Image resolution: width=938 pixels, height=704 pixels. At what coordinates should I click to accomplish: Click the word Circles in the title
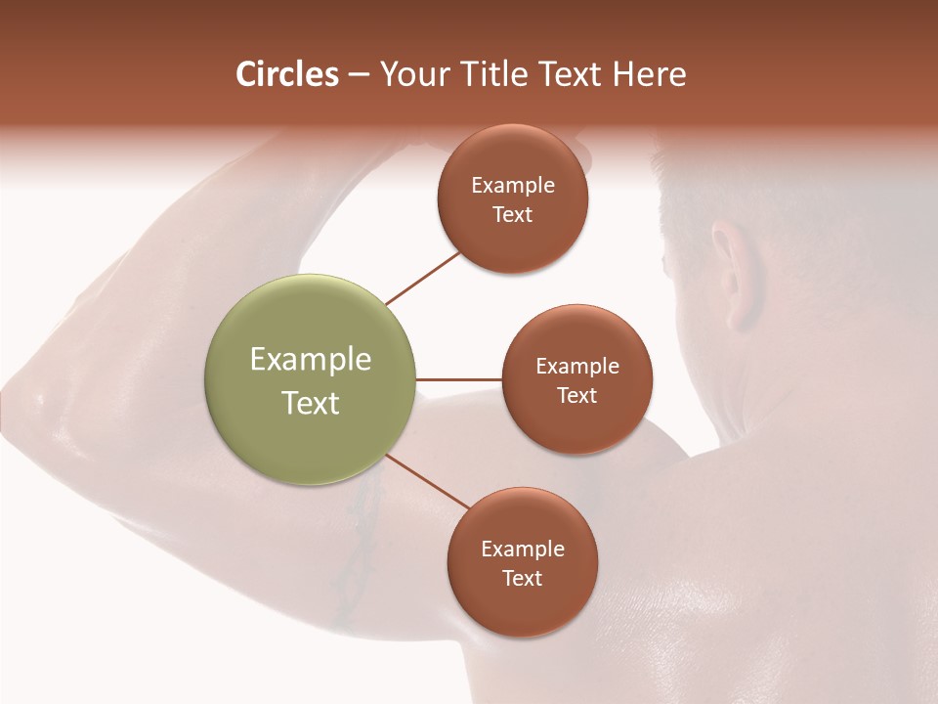coord(286,74)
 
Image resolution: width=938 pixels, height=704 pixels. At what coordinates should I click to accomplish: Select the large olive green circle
coord(311,379)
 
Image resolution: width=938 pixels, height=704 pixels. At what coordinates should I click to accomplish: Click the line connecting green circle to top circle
coord(422,278)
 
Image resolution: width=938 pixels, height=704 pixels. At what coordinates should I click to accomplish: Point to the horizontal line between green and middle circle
coord(459,379)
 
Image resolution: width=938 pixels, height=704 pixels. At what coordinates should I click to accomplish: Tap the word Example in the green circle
coord(311,359)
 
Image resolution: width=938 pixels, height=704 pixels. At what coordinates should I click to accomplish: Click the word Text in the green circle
coord(311,403)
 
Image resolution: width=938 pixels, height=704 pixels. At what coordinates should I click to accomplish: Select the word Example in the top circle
coord(513,186)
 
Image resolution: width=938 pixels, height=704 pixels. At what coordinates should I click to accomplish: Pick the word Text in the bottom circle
coord(522,578)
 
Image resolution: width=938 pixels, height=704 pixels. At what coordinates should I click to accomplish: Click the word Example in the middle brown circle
coord(577,367)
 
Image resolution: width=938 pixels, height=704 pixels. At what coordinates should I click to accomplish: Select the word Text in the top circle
coord(512,214)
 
